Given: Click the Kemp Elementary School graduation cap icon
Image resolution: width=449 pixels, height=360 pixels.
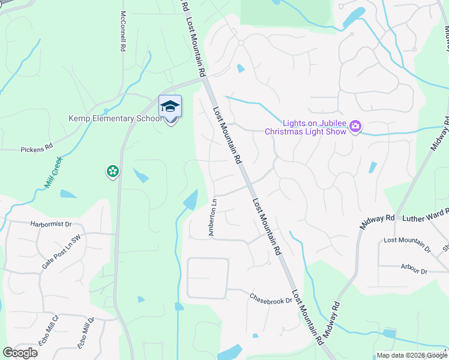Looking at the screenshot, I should pos(170,107).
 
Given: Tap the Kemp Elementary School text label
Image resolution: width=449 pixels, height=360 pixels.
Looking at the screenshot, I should pos(115,118).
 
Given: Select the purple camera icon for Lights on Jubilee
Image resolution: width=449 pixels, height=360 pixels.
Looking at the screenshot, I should pos(355,126).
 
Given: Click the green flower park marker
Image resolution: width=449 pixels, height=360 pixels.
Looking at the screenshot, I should pos(112,172).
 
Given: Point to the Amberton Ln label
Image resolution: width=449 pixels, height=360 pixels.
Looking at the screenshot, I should pos(212,218).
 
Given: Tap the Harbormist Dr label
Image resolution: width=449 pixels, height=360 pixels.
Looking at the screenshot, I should pos(50,224).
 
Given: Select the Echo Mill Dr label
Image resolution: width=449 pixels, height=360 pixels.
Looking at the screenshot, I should pos(85,332).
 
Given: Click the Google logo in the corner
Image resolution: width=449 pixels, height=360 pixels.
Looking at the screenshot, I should pos(20,353).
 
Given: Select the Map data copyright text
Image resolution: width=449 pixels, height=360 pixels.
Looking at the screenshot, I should pos(412,355).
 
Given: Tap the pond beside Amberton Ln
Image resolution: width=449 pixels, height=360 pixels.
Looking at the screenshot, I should pos(191,199).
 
